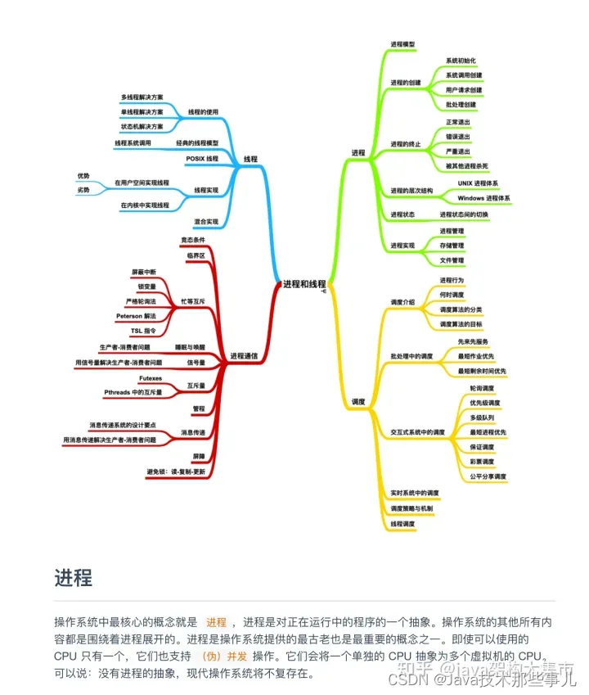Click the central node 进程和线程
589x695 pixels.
pyautogui.click(x=303, y=283)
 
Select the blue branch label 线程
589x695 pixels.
pyautogui.click(x=251, y=158)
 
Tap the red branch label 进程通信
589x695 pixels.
pyautogui.click(x=244, y=356)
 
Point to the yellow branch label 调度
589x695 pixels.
pyautogui.click(x=358, y=402)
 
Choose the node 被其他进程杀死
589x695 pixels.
pyautogui.click(x=467, y=165)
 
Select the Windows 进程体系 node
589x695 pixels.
pyautogui.click(x=484, y=198)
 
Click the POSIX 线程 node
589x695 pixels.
pyautogui.click(x=202, y=158)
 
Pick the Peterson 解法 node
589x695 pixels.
pyautogui.click(x=136, y=316)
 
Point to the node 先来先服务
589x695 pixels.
pyautogui.click(x=474, y=341)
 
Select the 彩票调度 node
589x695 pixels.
pyautogui.click(x=485, y=462)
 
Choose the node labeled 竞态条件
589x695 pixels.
pyautogui.click(x=192, y=240)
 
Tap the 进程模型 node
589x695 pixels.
pyautogui.click(x=402, y=43)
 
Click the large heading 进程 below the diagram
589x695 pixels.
pyautogui.click(x=73, y=577)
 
